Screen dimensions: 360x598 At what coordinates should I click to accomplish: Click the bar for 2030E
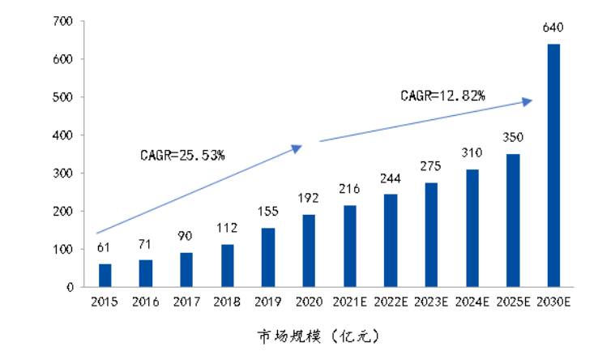click(x=553, y=165)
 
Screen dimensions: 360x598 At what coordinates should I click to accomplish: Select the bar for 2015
click(x=105, y=275)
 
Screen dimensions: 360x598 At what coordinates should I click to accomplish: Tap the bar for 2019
click(x=268, y=257)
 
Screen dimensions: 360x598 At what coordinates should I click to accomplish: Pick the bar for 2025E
click(x=513, y=221)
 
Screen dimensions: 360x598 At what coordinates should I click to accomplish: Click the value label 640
click(x=553, y=28)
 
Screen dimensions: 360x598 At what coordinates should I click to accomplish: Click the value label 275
click(x=431, y=167)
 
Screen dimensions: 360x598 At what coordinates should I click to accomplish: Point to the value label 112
click(x=228, y=228)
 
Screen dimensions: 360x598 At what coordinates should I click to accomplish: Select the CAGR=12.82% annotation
click(x=442, y=96)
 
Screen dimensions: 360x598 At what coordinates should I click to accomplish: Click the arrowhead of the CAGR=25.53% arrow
click(x=297, y=148)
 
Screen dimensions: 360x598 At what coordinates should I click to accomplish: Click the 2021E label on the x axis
click(x=350, y=302)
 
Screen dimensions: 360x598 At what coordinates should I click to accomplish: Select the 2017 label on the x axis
click(x=186, y=302)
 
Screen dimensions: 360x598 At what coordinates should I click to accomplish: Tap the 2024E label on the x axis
click(x=472, y=302)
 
